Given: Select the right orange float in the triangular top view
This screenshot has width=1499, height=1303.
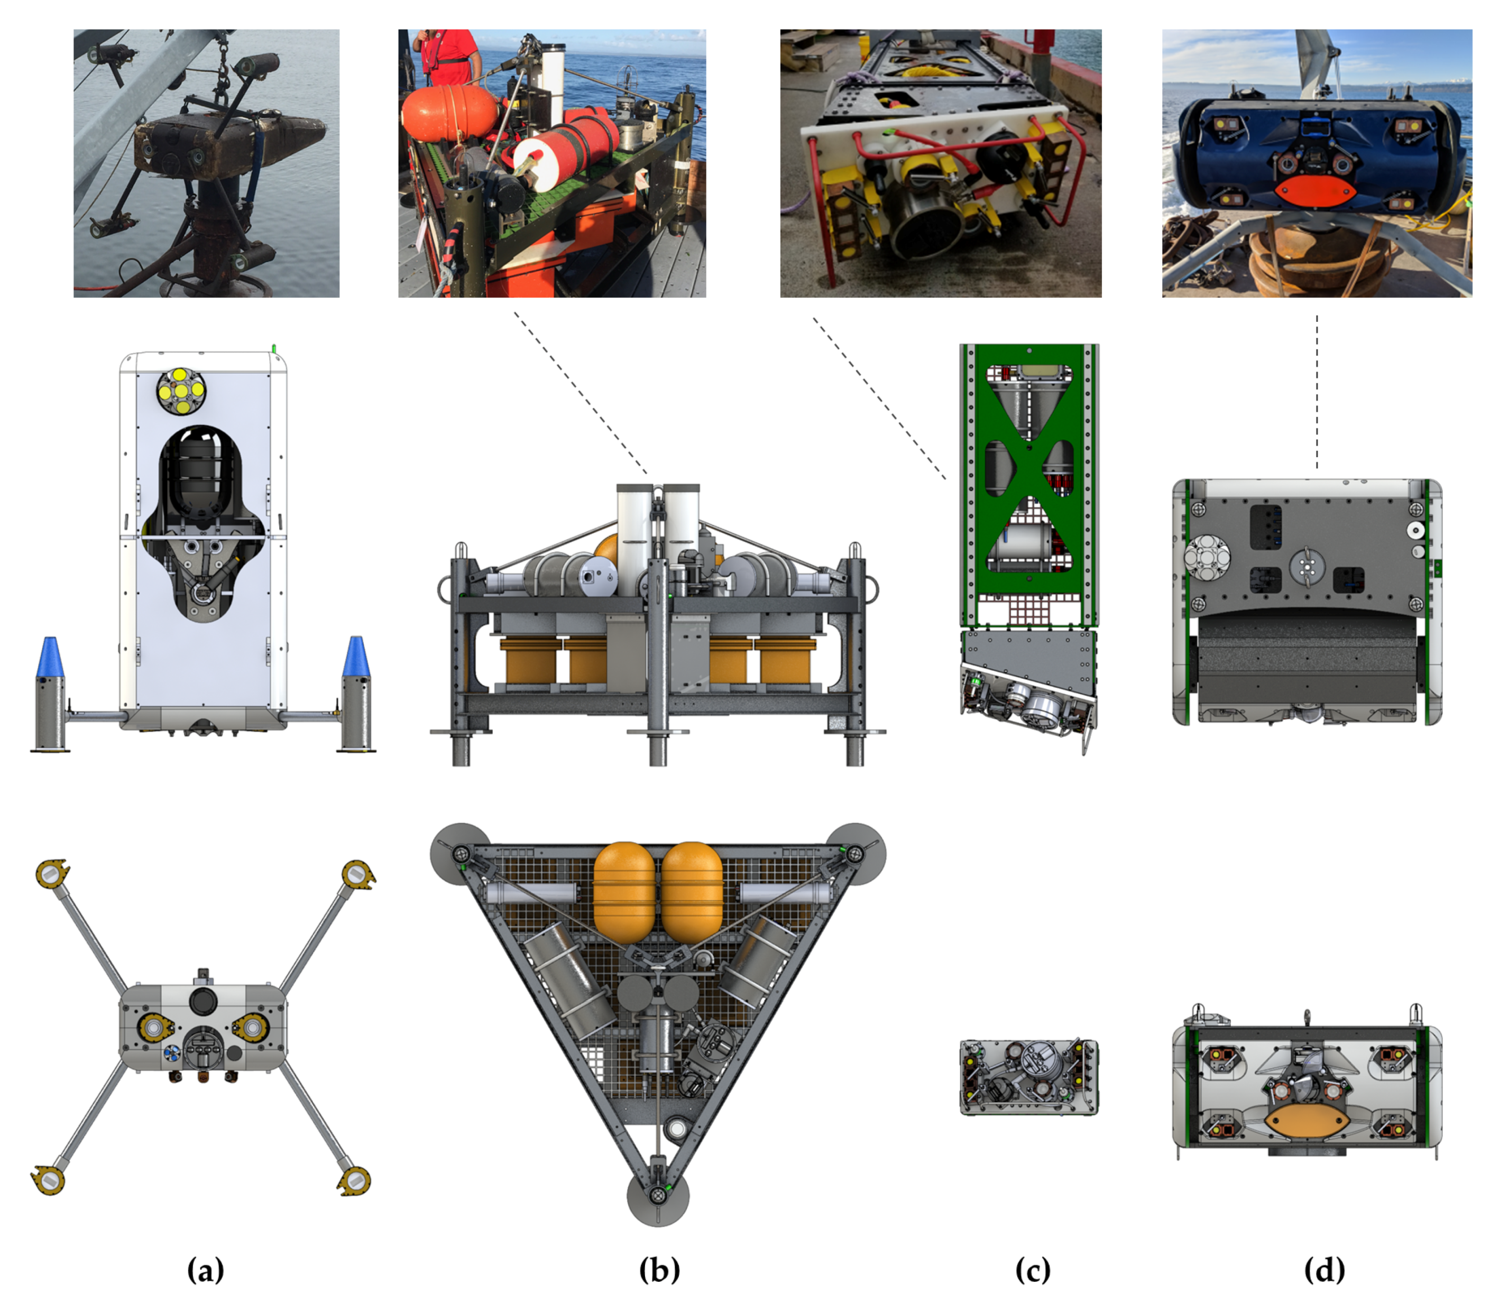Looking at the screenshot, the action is (692, 893).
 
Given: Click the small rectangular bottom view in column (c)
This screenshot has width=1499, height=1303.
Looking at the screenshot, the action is (1029, 1077).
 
